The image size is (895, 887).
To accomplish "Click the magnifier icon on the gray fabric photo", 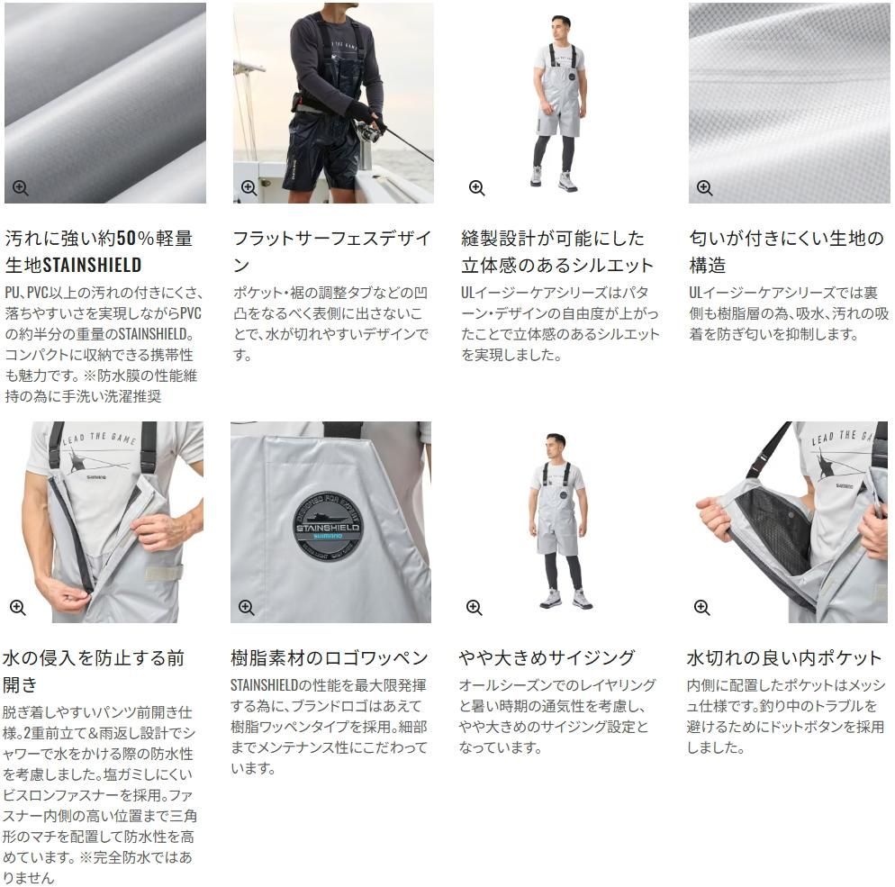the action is tap(21, 188).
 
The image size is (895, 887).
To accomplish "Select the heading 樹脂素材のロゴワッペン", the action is tap(330, 658).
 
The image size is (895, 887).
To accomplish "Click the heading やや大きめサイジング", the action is tap(547, 658).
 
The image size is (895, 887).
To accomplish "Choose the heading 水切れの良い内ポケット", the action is tap(784, 658).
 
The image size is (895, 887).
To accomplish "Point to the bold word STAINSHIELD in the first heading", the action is tap(93, 265).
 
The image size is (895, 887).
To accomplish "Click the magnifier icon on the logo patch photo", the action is tap(247, 607).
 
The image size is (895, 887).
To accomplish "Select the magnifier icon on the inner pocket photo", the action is tap(702, 607).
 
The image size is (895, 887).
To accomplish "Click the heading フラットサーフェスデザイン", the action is tap(331, 251).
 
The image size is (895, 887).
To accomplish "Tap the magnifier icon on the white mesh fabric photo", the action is tap(704, 188).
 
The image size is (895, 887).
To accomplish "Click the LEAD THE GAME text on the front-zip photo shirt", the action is tap(99, 438).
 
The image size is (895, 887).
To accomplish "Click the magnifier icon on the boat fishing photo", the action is tap(249, 188).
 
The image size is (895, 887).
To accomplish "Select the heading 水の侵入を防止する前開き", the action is tap(94, 671).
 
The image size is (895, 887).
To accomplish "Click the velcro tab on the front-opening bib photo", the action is tap(165, 573).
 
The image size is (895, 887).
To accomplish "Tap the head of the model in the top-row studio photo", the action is tap(561, 27).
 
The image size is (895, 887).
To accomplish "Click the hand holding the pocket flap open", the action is tap(713, 517).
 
